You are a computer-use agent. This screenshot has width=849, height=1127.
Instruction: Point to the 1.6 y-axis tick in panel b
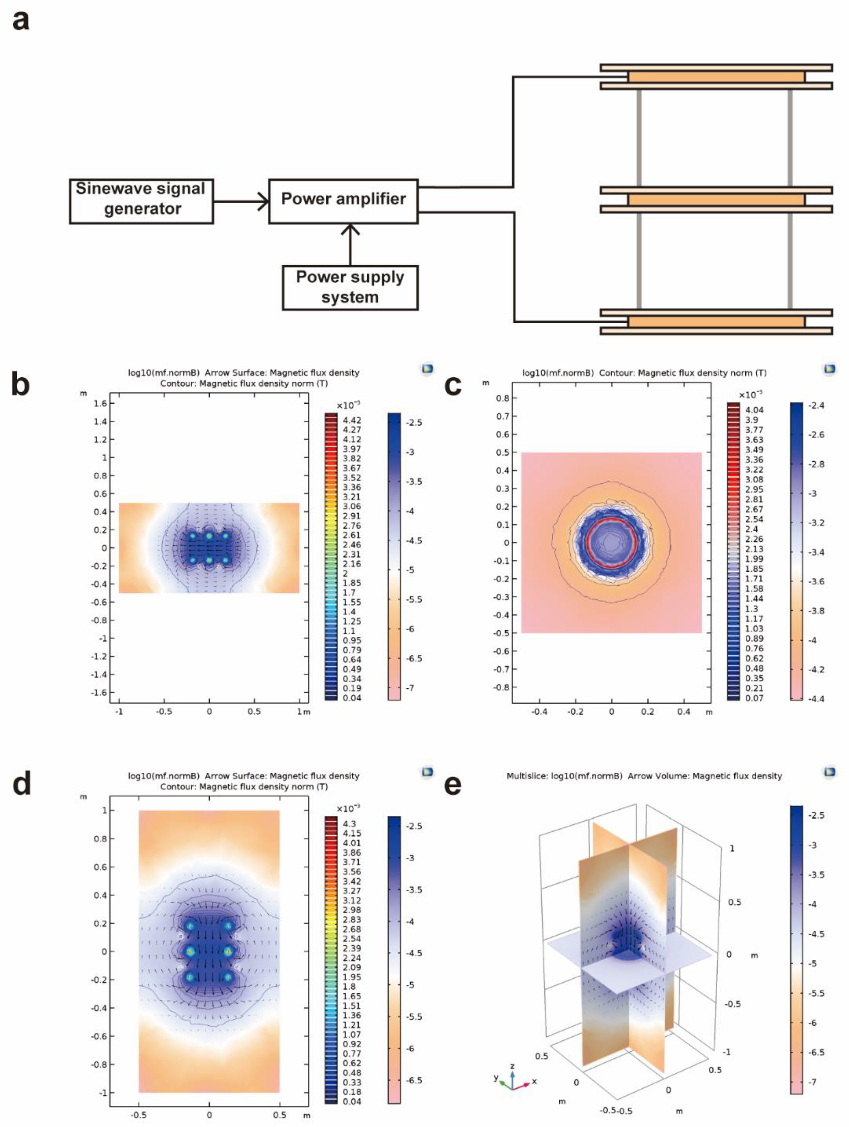(100, 404)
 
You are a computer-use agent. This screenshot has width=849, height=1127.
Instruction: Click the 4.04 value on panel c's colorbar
(754, 410)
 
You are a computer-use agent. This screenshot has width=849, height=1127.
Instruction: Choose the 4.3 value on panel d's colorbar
(349, 824)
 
